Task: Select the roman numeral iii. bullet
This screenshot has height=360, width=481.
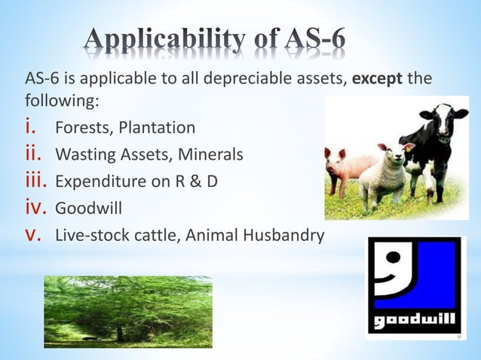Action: tap(37, 182)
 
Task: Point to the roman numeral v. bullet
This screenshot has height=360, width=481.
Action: tap(35, 235)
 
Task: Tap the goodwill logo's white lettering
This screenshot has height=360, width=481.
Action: tap(414, 322)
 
